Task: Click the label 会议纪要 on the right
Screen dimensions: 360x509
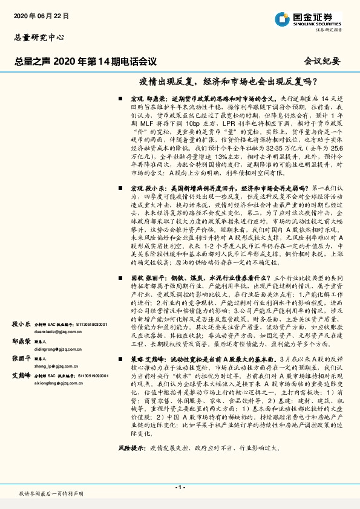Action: pyautogui.click(x=323, y=61)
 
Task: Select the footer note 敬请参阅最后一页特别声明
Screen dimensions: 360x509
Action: pyautogui.click(x=51, y=494)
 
